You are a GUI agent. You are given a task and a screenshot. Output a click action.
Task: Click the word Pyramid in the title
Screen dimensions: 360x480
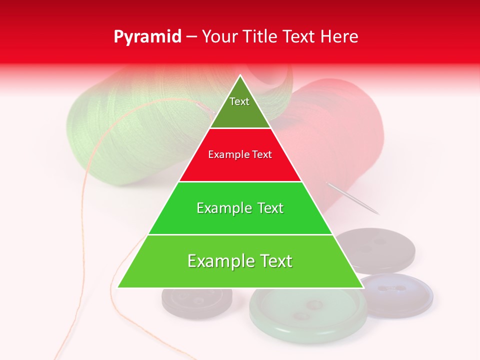[147, 37]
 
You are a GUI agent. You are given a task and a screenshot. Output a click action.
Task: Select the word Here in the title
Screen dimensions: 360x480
[339, 37]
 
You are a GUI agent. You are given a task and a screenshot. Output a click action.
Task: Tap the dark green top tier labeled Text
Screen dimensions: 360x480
[240, 107]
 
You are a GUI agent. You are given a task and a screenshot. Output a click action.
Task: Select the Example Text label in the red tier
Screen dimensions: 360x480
[240, 154]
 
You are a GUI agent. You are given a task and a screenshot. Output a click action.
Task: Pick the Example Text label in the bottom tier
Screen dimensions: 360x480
[240, 261]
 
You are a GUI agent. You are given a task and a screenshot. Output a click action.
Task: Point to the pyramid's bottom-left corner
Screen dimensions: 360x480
[118, 287]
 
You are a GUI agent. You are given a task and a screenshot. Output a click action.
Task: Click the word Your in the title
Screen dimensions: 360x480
[219, 37]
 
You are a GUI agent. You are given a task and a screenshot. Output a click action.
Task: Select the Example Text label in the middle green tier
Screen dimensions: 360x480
[240, 208]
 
